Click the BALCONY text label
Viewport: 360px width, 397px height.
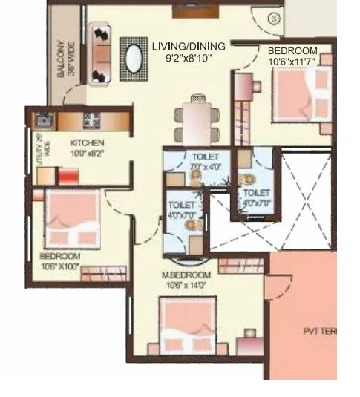65,66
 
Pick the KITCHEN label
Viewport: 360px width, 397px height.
87,142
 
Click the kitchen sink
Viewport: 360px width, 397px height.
42,119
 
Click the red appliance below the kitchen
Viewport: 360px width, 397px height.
69,177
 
